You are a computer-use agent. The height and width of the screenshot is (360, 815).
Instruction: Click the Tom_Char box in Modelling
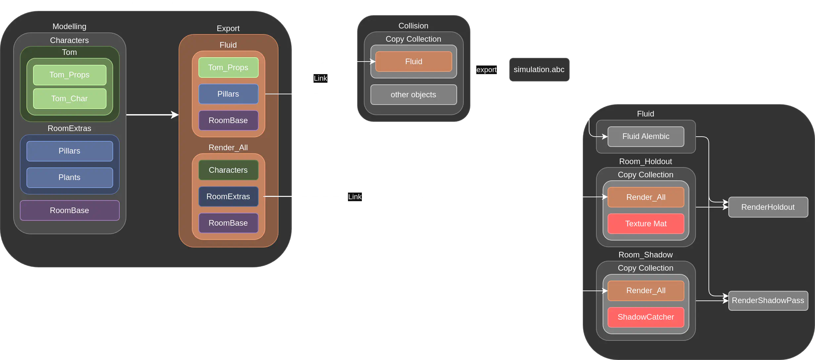(69, 99)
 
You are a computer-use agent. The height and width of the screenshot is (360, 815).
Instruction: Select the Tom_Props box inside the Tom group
(69, 75)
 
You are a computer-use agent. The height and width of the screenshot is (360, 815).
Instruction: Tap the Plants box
(69, 177)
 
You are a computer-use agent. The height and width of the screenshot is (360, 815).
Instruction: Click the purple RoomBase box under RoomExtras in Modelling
(69, 210)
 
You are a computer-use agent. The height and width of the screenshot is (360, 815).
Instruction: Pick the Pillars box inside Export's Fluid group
(228, 94)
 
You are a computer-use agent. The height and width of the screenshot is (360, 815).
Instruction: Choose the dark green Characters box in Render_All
(228, 170)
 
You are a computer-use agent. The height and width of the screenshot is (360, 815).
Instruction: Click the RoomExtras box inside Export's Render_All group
(228, 197)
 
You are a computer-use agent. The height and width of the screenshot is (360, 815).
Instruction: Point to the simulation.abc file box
(539, 69)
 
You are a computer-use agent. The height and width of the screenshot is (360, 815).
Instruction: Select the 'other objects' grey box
(413, 95)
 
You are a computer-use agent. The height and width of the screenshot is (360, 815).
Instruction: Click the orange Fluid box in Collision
(413, 62)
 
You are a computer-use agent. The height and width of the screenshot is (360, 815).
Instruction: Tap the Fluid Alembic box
(646, 136)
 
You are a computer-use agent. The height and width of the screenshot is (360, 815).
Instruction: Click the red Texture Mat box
(646, 224)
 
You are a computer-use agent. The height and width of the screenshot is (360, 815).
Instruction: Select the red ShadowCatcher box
(646, 317)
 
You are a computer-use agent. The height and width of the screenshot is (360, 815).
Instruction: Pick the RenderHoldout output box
(768, 207)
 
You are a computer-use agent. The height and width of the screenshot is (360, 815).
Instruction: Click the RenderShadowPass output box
(768, 300)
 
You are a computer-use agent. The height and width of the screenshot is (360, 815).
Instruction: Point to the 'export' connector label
(487, 69)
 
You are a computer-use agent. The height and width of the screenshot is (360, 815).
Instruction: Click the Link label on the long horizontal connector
(355, 197)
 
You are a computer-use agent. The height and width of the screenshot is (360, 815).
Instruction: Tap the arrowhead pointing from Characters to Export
(175, 115)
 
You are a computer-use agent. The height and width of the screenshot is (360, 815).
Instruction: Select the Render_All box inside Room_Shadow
(646, 291)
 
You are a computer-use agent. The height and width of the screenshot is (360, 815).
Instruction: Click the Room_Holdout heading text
(646, 161)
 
